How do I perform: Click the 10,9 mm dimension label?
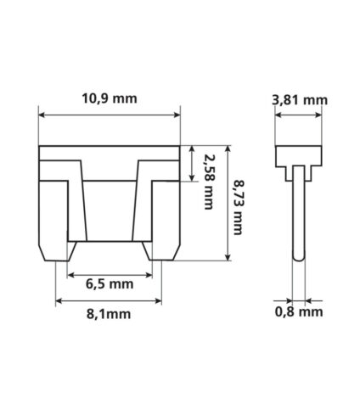point(110,98)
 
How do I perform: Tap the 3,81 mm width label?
point(300,100)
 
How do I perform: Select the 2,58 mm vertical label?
point(208,182)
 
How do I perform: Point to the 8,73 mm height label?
point(238,207)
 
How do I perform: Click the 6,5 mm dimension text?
point(110,283)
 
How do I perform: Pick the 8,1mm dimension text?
point(109,314)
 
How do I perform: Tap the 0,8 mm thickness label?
point(299,311)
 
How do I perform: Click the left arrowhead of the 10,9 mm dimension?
point(42,115)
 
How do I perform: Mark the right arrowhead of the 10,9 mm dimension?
point(177,115)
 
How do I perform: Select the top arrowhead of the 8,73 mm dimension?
point(228,148)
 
